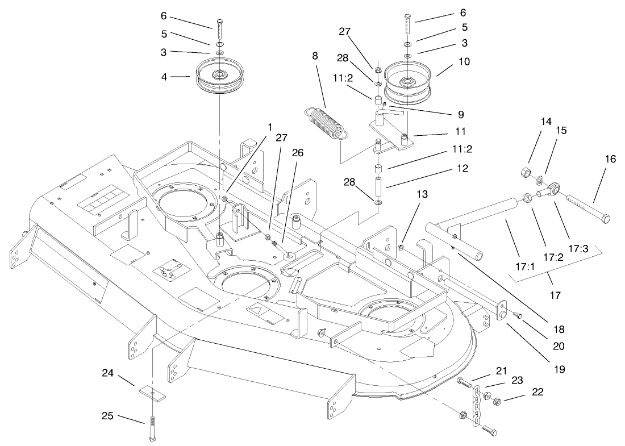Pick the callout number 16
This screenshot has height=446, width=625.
pos(610,160)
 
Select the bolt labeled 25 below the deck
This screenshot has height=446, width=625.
pos(153,427)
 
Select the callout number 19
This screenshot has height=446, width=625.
pos(560,369)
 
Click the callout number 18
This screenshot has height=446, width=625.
pos(560,330)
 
